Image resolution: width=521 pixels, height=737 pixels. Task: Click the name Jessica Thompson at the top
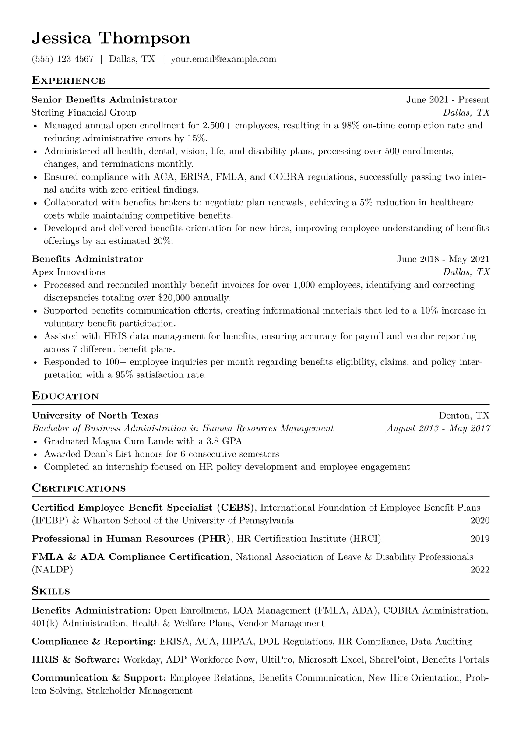point(111,39)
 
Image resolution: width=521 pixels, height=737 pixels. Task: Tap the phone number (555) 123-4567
point(63,59)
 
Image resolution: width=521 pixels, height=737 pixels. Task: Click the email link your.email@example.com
point(223,59)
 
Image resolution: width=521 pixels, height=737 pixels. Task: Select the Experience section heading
point(68,81)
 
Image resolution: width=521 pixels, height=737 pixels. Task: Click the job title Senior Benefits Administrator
point(105,100)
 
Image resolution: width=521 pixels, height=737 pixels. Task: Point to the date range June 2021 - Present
point(447,100)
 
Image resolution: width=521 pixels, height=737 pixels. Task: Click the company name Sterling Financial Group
point(84,113)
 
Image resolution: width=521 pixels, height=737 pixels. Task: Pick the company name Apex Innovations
point(69,272)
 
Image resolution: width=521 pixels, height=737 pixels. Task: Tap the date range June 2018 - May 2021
point(443,259)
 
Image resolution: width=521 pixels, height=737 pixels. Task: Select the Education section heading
point(66,396)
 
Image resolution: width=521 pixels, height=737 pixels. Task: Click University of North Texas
point(95,416)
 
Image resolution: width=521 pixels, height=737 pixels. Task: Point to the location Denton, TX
point(464,416)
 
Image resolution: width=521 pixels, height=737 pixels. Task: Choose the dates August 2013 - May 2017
point(438,428)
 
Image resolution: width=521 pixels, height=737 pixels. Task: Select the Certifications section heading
point(79,488)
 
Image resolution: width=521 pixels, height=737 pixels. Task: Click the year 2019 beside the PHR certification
point(480,539)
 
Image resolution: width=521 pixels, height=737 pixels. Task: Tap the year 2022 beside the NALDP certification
point(480,570)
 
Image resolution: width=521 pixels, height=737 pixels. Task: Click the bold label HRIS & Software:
point(76,659)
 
